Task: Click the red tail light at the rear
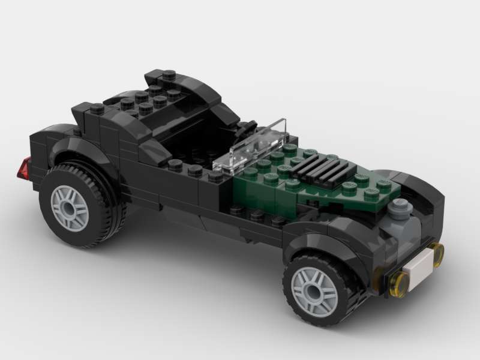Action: click(25, 169)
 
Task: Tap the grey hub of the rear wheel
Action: click(70, 208)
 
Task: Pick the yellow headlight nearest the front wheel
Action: click(398, 283)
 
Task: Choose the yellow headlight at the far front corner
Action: click(437, 253)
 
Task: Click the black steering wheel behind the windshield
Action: click(246, 128)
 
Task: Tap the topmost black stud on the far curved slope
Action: click(170, 75)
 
